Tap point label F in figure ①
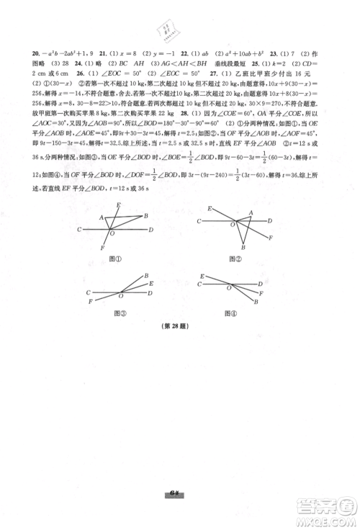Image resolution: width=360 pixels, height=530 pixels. pos(102,248)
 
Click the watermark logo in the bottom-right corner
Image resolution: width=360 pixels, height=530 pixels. pos(332,508)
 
